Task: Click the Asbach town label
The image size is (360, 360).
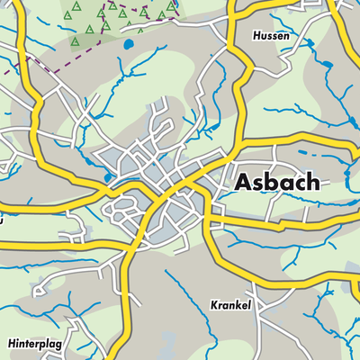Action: pos(276,182)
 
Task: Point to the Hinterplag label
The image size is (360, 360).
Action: pos(36,344)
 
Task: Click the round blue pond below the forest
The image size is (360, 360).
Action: pos(129,43)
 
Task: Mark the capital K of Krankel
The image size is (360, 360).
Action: pos(215,305)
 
